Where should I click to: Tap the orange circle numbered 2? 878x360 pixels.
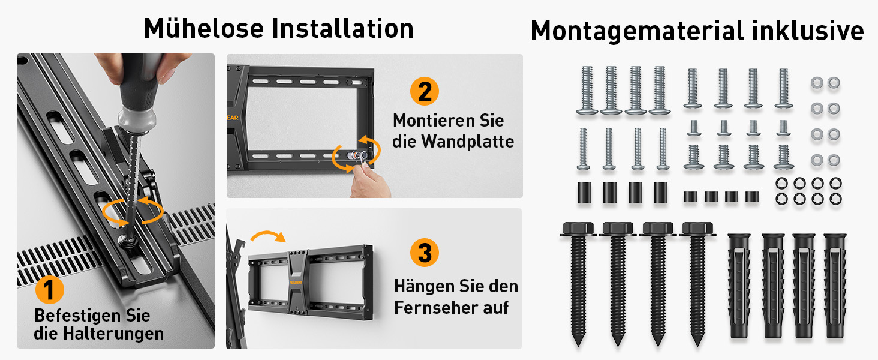(x=425, y=91)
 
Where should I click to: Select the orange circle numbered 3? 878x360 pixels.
(x=425, y=253)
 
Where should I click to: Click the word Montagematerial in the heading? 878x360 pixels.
(x=638, y=31)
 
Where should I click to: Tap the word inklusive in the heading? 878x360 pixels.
(x=808, y=31)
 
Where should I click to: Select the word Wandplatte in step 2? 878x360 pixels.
(x=468, y=142)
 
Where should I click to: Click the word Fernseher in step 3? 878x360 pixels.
(x=436, y=307)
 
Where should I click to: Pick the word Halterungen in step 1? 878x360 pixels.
(x=113, y=334)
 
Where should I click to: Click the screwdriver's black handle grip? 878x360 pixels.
(x=140, y=85)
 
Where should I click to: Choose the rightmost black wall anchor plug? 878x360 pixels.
(x=835, y=286)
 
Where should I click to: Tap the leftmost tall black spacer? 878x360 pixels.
(x=584, y=192)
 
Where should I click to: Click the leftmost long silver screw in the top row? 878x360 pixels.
(x=587, y=90)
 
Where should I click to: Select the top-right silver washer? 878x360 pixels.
(x=834, y=83)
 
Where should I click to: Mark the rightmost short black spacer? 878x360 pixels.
(x=752, y=196)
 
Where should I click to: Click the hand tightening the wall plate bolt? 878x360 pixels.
(x=368, y=181)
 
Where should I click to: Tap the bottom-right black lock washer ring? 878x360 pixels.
(x=835, y=199)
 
